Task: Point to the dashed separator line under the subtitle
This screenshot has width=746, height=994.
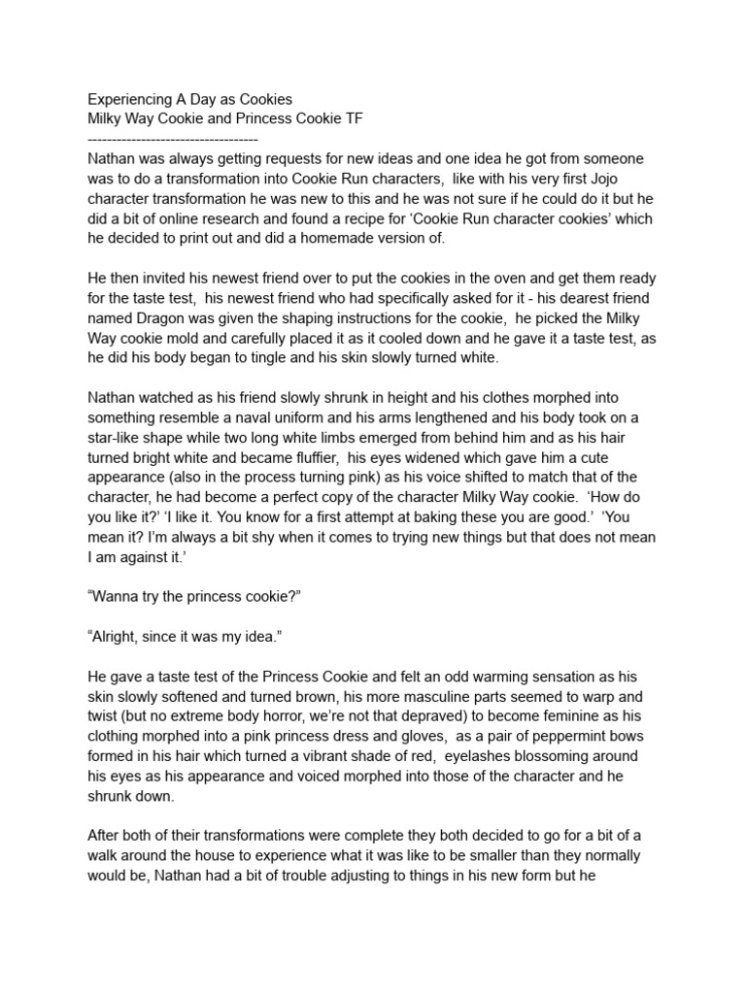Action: [x=172, y=139]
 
